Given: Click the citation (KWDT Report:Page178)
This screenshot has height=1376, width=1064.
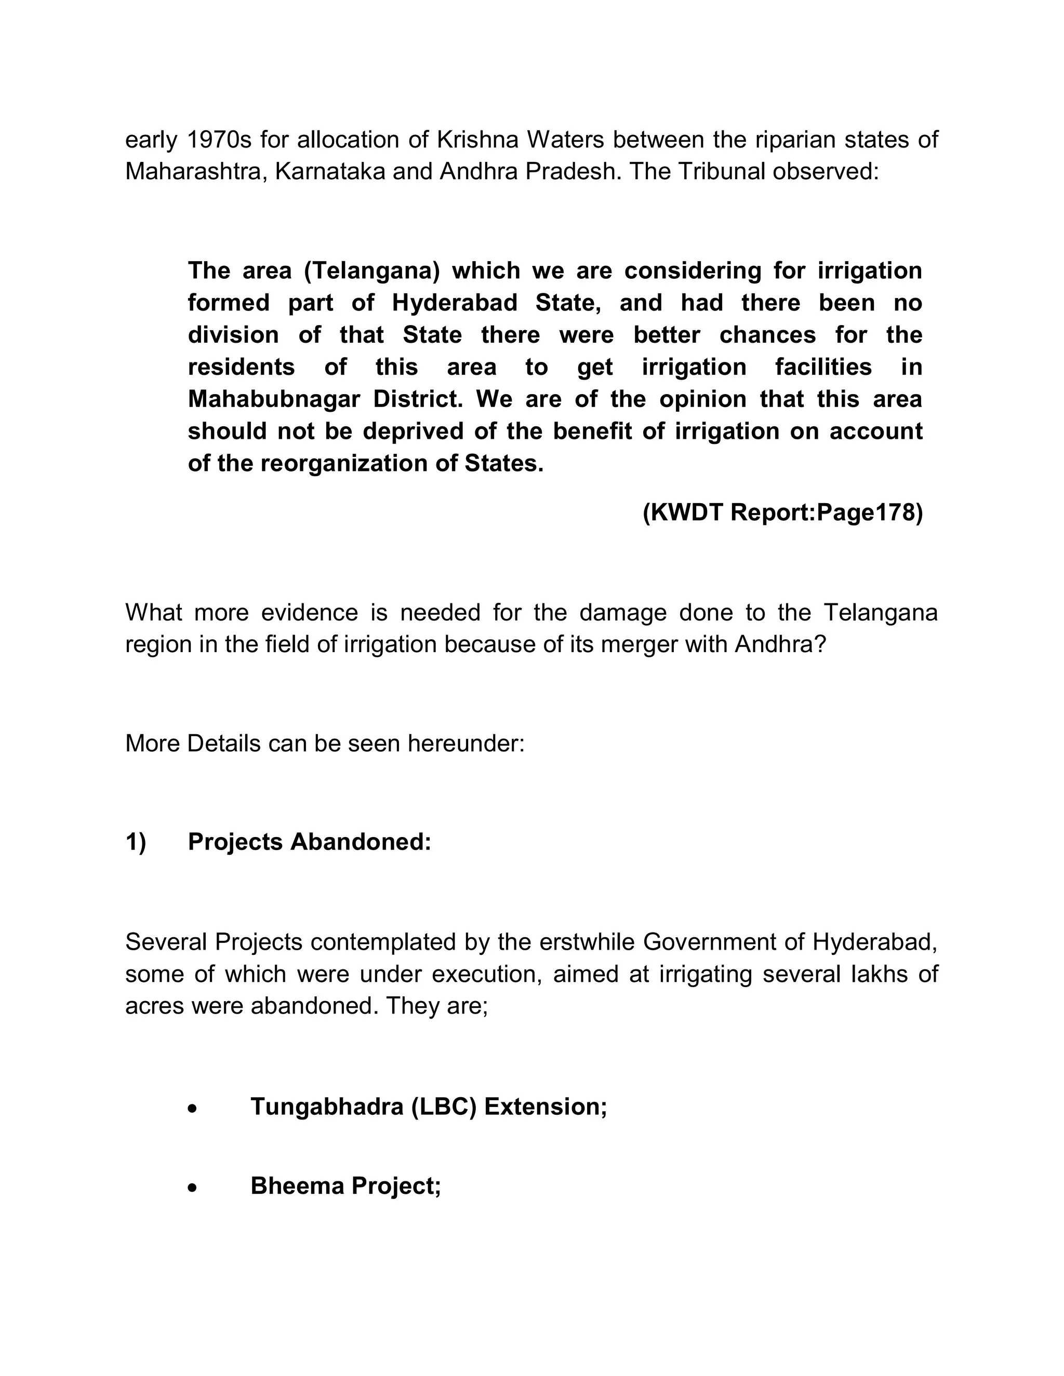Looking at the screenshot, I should [x=782, y=513].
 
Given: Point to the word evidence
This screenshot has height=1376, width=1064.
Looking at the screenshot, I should [x=310, y=612].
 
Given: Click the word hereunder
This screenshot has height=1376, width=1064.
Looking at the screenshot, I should [x=466, y=744].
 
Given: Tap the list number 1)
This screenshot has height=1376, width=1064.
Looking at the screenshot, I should [x=136, y=842].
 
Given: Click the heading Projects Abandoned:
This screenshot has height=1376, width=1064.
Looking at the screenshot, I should [x=310, y=842].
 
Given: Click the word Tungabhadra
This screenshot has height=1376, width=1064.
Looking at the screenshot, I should [x=326, y=1107].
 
